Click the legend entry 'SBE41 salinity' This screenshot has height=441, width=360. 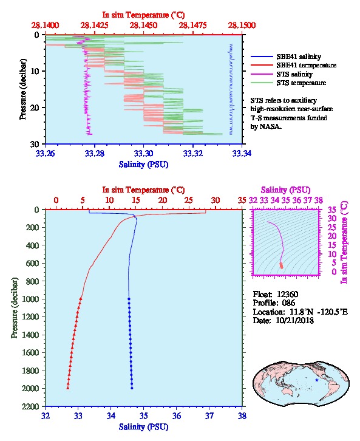tap(299, 56)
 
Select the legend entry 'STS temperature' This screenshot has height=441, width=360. tap(301, 83)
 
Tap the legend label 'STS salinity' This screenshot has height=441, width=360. tap(294, 74)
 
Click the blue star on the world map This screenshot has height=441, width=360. tap(317, 380)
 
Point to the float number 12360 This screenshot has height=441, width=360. tap(287, 295)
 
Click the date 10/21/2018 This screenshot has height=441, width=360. tap(295, 320)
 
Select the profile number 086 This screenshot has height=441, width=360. tap(288, 303)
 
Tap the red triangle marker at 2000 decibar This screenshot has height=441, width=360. tap(68, 388)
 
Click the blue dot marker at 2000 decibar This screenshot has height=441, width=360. tap(132, 388)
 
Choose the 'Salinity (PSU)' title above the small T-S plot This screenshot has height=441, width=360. tap(285, 190)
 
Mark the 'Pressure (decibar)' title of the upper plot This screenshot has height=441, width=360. tap(23, 89)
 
